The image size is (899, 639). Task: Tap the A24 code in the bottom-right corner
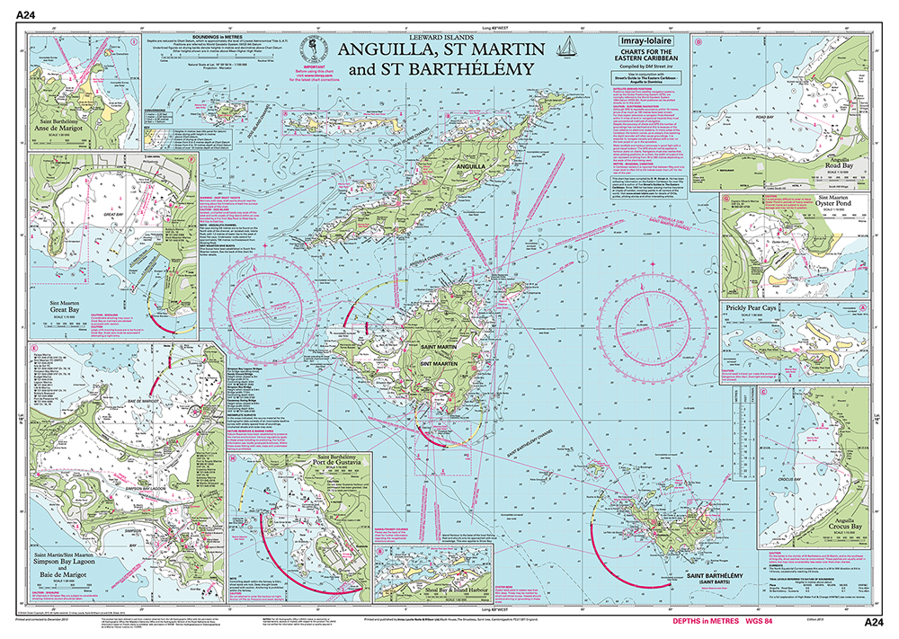[x=876, y=622]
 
